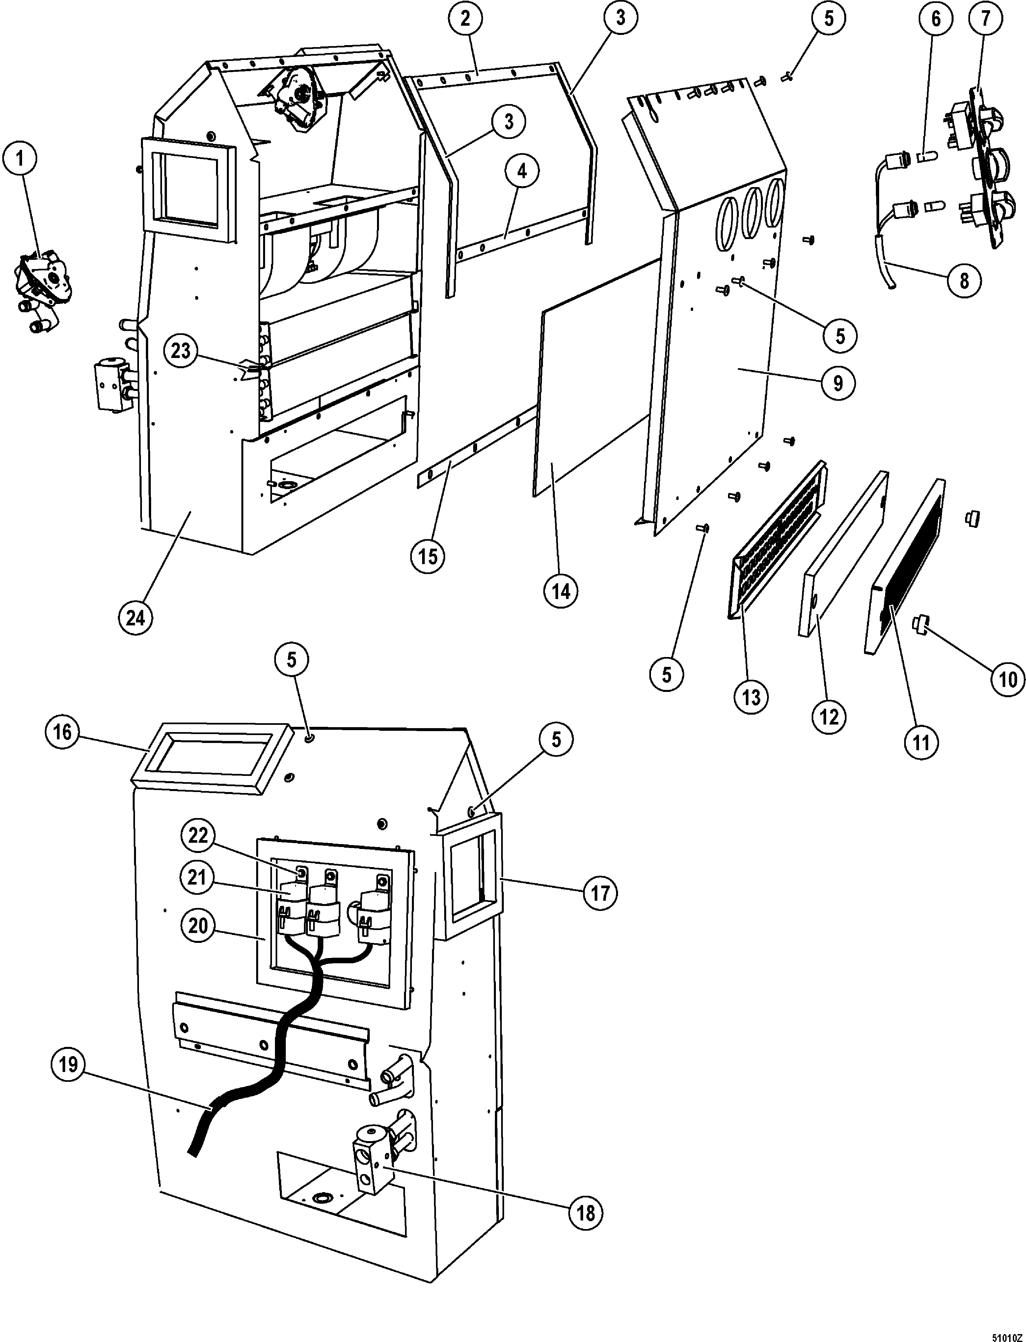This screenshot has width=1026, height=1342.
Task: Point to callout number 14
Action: point(561,591)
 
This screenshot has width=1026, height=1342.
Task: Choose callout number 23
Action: point(181,351)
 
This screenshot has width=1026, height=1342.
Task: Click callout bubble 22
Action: point(198,835)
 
